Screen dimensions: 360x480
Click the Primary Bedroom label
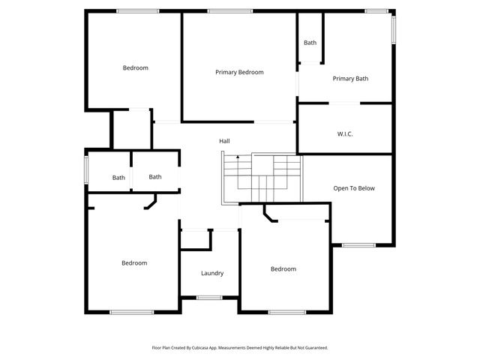coord(239,72)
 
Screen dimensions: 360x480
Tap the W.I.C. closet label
coord(345,133)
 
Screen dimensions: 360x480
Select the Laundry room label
coord(212,273)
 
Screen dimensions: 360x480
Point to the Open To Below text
coord(354,188)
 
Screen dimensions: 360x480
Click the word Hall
coord(224,141)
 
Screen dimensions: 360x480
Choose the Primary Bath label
coord(350,78)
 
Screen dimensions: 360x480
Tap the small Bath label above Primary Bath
coord(310,43)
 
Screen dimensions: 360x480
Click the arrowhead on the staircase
coord(238,157)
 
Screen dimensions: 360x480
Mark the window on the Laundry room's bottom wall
coord(209,298)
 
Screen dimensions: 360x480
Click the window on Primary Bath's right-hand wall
coord(393,31)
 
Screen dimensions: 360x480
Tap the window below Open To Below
coord(358,244)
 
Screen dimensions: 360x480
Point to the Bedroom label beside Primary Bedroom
coord(136,67)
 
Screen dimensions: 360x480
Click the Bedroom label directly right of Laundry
coord(283,268)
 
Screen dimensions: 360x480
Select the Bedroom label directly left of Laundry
coord(134,262)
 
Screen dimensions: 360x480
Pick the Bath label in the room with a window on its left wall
coord(118,178)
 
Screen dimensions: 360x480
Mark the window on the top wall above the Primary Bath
coord(376,11)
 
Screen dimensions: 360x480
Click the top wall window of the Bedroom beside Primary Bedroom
coord(137,11)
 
